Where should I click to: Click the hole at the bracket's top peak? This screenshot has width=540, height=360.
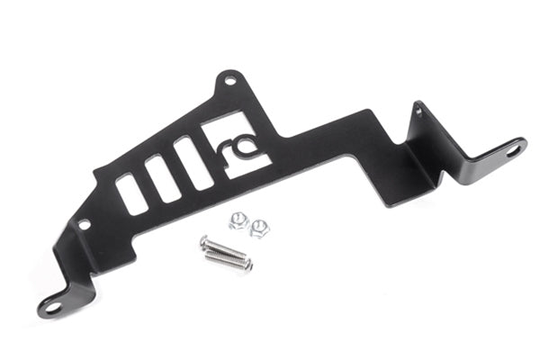[230, 81]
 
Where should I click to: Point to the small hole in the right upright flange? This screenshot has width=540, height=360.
[418, 112]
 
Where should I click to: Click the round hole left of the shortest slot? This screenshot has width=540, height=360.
[84, 223]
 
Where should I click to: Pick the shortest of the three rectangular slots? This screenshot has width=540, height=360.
[131, 193]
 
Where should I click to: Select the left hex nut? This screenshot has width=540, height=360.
[238, 218]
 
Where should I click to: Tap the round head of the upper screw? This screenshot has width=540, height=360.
[203, 243]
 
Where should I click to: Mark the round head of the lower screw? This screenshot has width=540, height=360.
[211, 255]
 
